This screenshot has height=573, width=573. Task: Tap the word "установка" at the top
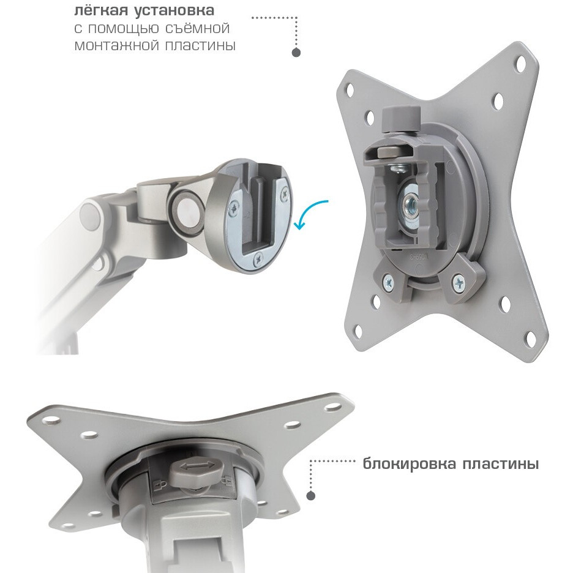(174, 11)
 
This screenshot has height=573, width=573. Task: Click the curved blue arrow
(310, 214)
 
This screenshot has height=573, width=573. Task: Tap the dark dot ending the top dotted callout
(296, 53)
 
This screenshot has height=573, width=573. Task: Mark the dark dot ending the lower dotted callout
(311, 495)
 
